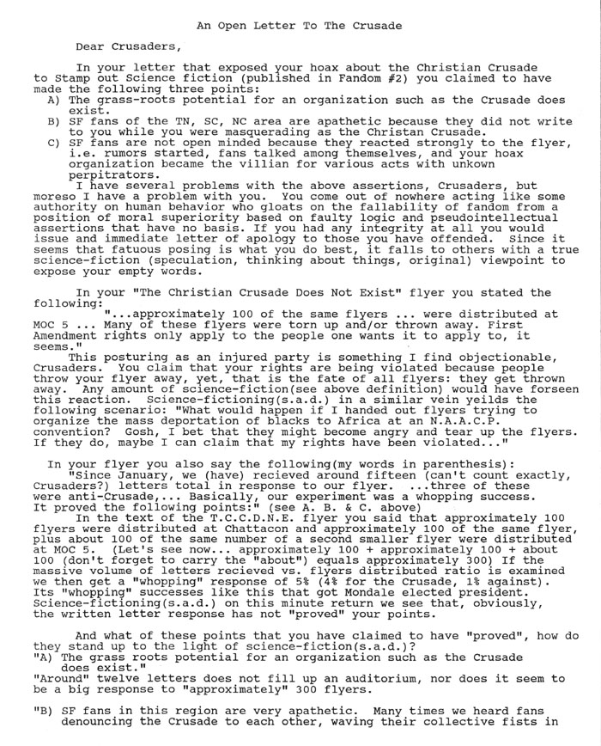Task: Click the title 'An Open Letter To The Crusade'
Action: point(299,26)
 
